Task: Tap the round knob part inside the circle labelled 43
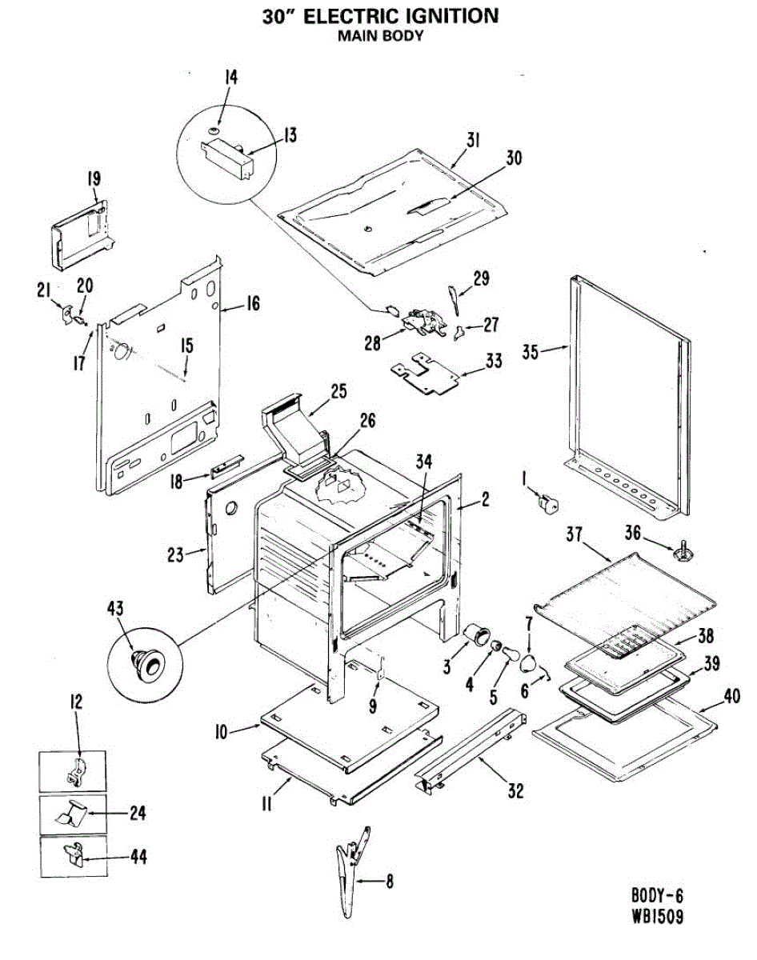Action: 147,661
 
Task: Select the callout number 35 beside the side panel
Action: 531,350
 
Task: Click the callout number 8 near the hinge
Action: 389,883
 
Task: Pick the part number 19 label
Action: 94,178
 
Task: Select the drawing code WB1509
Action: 657,918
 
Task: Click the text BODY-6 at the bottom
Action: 657,895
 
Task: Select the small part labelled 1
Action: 547,503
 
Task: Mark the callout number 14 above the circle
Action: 230,78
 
